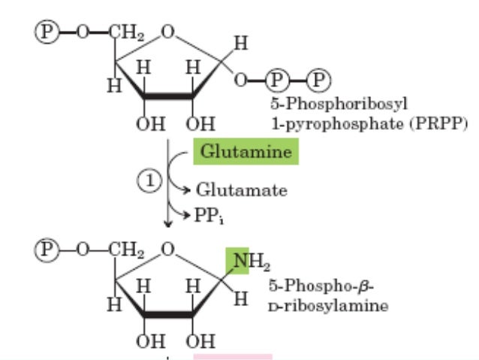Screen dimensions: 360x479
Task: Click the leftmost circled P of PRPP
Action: click(46, 31)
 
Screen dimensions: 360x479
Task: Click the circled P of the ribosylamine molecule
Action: click(46, 246)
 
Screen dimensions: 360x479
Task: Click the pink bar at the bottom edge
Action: click(233, 356)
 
